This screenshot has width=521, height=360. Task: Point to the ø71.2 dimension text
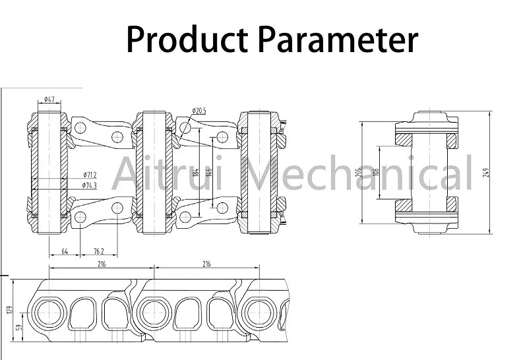pos(90,175)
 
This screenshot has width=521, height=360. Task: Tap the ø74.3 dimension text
pos(90,186)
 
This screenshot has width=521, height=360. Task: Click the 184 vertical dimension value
pos(196,174)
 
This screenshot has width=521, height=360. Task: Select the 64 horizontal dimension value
pos(65,251)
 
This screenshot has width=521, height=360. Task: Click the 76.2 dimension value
pos(98,251)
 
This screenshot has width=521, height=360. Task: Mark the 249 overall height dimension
pos(486,173)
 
